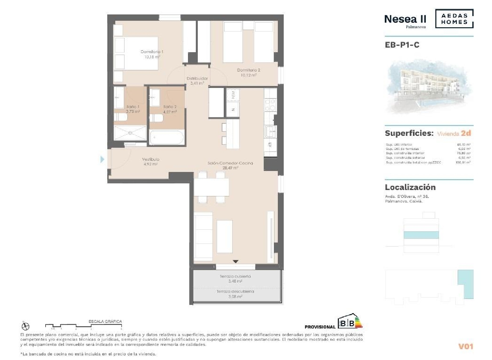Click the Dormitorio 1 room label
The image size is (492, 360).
pos(152,52)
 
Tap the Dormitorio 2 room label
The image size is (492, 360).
pos(248,70)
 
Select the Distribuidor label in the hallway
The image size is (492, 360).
pos(197,79)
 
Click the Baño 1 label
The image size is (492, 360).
pos(133,107)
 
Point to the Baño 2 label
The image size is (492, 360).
pos(170,107)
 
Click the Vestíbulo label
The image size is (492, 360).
pos(151,159)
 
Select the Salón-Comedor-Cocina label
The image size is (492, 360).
pos(230,163)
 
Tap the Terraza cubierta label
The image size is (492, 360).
pos(235,277)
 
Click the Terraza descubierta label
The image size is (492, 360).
pos(235,291)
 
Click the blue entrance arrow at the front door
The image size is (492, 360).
pos(102,159)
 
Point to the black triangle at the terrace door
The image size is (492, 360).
pos(236,262)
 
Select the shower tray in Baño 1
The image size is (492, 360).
pos(130,133)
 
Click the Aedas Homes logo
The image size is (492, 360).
pos(454,19)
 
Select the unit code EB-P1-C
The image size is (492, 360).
pos(402,45)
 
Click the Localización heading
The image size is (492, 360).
pos(410,187)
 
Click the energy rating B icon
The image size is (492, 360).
pos(350,322)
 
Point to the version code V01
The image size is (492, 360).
pos(465,346)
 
